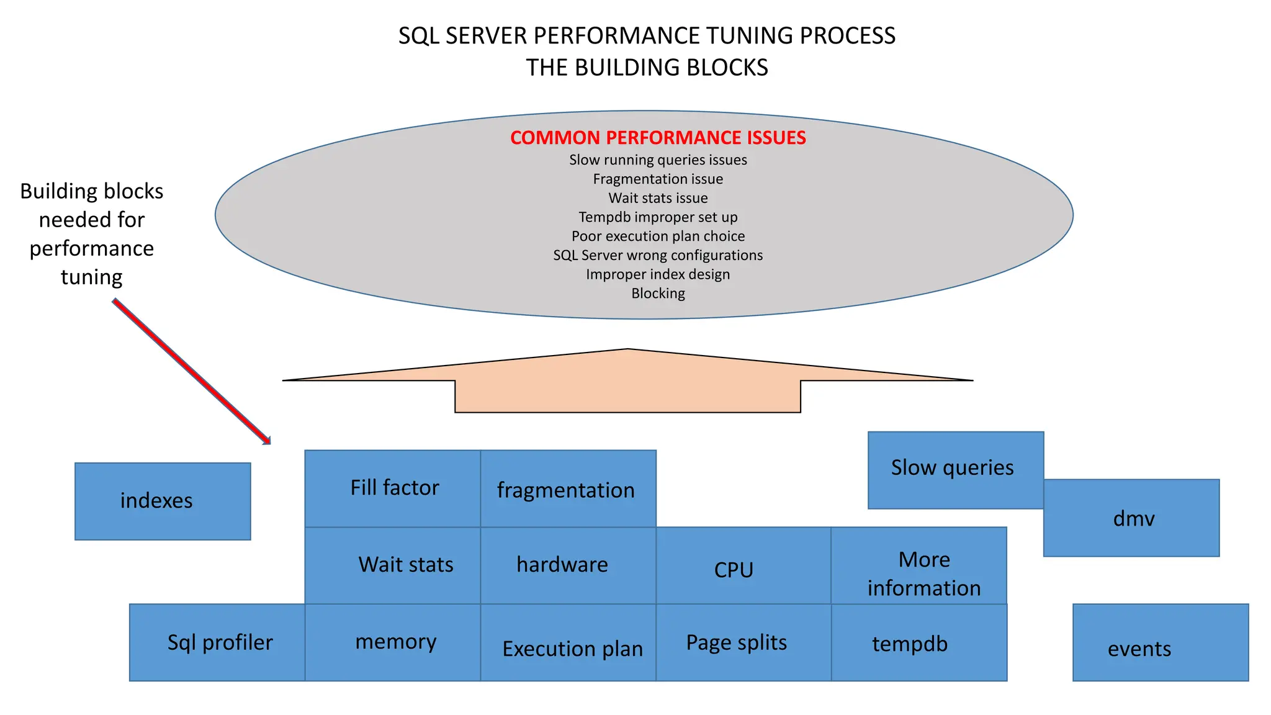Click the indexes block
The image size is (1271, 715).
[163, 501]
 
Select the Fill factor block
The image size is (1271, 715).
[393, 488]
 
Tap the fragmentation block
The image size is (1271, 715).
[568, 489]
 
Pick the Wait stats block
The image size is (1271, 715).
[393, 565]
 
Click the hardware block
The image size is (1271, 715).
[568, 565]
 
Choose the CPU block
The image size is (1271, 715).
[743, 566]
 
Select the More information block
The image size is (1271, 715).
[918, 566]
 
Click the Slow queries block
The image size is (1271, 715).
[956, 470]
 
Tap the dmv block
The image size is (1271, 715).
[1131, 518]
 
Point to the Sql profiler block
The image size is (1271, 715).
[217, 642]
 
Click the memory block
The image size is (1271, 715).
[393, 642]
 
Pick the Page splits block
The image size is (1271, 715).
[743, 642]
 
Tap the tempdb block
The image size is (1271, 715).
[918, 643]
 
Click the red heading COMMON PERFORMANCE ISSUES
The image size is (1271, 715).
[658, 138]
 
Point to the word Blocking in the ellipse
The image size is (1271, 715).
[658, 294]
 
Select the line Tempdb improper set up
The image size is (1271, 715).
[658, 217]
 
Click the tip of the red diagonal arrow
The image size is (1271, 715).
[269, 443]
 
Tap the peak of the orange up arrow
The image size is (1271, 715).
[627, 350]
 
